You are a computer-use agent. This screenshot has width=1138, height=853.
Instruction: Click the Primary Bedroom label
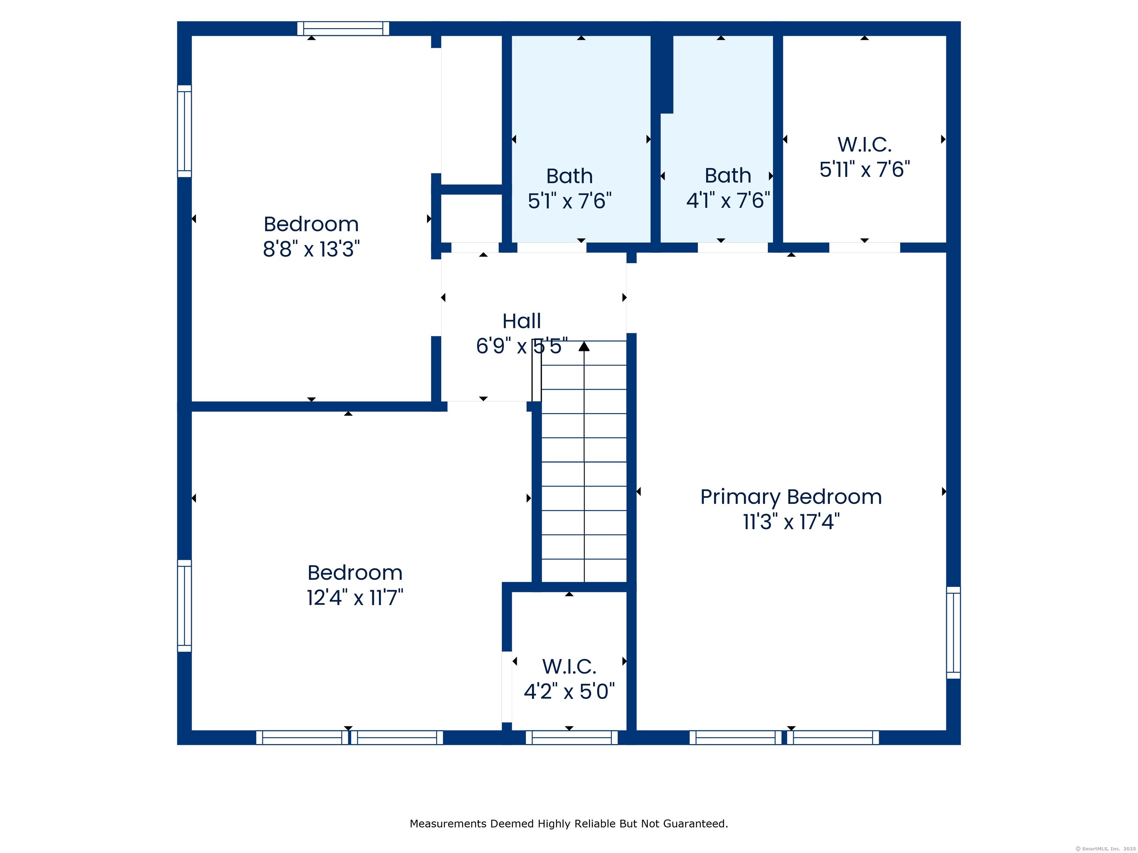tap(791, 497)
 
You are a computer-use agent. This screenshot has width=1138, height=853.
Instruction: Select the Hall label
tap(522, 321)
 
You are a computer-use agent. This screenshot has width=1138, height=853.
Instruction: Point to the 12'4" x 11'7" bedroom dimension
tap(355, 598)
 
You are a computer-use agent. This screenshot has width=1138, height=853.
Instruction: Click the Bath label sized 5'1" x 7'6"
tap(569, 176)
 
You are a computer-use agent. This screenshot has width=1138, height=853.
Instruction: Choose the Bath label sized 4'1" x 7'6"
tap(728, 176)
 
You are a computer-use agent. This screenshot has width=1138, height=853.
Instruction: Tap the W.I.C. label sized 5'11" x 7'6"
tap(864, 144)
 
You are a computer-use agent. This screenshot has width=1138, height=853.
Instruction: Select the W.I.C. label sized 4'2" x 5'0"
tap(569, 667)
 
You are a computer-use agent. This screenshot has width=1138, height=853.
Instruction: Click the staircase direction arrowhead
tap(584, 347)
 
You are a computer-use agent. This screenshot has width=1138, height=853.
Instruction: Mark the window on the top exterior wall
tap(343, 28)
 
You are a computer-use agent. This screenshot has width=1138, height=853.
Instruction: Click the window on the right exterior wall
tap(953, 632)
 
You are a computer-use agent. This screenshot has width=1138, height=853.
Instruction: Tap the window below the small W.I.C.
tap(572, 737)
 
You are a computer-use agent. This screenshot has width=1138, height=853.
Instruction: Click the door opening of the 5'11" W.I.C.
tap(864, 247)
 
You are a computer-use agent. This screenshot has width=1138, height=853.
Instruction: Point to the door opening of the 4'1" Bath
tap(733, 247)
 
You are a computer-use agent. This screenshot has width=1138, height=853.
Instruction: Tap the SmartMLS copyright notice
tap(1106, 849)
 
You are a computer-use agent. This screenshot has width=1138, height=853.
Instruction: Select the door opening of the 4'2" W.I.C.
tap(507, 687)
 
